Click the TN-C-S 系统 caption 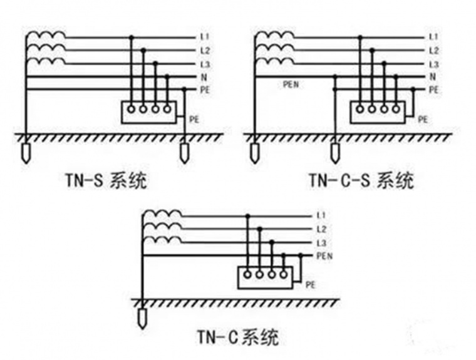coord(361,181)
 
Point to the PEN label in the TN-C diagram coord(325,255)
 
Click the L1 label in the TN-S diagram coord(204,38)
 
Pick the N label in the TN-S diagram coord(203,77)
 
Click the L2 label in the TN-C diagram coord(321,229)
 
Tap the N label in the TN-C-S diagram coord(432,77)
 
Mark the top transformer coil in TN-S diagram coord(46,35)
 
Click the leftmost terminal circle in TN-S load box coord(132,110)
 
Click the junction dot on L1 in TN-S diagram coord(132,38)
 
